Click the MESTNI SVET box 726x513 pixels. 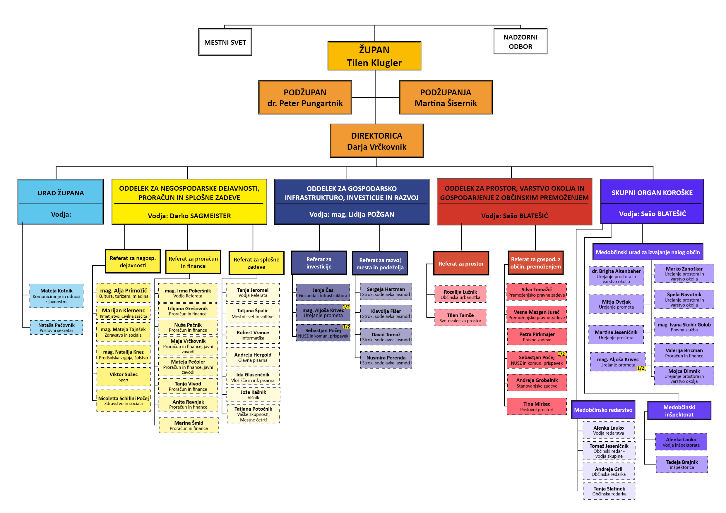225,42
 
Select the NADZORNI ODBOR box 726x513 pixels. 520,41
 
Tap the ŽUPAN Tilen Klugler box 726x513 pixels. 374,56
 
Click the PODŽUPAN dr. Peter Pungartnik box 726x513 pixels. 305,98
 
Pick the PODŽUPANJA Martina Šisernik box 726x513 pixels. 446,98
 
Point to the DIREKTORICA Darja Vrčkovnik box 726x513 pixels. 376,141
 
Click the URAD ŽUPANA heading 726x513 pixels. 61,193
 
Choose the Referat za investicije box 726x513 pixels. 319,263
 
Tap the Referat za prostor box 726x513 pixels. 461,264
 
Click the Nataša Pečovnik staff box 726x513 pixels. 56,328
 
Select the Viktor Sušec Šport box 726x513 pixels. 123,377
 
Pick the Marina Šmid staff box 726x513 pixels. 189,425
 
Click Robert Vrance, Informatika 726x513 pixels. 253,335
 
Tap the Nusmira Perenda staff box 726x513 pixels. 386,360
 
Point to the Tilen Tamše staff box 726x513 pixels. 460,318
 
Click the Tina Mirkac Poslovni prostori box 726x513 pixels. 537,407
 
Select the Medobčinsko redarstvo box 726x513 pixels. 603,410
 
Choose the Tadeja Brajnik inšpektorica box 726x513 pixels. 682,464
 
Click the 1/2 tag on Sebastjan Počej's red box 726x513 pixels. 561,354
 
